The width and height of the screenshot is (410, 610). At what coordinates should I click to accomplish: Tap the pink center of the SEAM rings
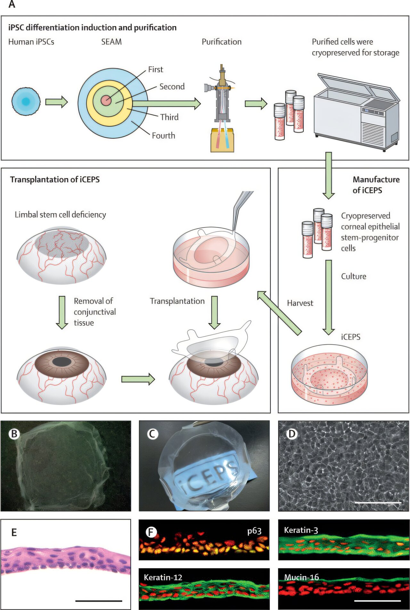[106, 101]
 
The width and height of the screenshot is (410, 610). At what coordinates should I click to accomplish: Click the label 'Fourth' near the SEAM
[163, 136]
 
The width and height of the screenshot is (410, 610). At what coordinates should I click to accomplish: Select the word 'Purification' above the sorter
[221, 42]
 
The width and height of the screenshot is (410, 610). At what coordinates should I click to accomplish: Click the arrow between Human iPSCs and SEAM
[56, 102]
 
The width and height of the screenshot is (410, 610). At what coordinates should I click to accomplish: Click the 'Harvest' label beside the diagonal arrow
[300, 303]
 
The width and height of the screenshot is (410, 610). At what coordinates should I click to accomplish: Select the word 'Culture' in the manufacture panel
[354, 276]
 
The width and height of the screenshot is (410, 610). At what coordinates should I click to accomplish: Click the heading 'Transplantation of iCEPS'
[55, 180]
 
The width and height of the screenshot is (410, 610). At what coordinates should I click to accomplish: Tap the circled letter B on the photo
[14, 434]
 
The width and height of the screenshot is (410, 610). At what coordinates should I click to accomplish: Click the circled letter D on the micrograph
[292, 434]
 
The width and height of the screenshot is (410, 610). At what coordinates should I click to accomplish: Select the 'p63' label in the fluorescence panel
[254, 531]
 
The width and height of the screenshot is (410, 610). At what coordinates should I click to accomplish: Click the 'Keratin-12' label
[163, 578]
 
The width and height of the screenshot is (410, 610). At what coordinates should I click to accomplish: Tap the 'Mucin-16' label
[301, 577]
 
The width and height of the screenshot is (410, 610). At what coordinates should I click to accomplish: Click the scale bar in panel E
[99, 601]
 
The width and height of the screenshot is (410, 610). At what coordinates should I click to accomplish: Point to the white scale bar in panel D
[378, 503]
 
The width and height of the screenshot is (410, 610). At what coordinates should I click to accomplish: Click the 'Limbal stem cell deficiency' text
[60, 215]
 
